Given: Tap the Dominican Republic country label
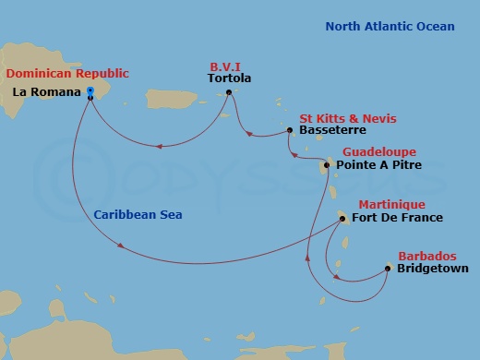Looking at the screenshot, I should point(67,73).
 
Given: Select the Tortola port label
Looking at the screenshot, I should point(230,78).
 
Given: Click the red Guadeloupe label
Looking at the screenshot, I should point(378,151).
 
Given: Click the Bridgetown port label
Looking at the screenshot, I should point(432,269).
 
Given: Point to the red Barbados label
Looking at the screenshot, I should point(426,256).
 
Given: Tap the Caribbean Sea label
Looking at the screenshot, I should point(138,214).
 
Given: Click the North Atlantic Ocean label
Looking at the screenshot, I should point(390,27).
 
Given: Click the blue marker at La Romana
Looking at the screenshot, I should point(90,91).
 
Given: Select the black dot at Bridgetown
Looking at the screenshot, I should point(387,269).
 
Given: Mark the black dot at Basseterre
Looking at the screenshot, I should point(290,131).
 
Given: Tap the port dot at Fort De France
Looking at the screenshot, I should point(342,219).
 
